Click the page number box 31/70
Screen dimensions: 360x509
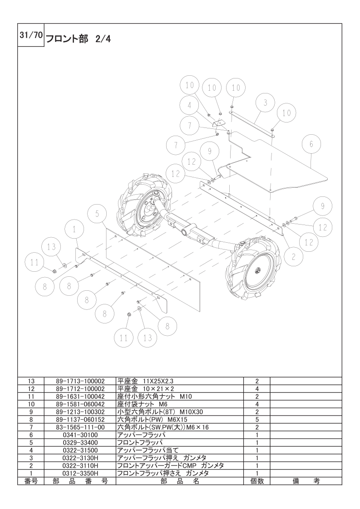pyautogui.click(x=31, y=35)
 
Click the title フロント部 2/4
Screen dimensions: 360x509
pyautogui.click(x=78, y=39)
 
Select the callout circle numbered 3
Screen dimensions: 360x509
pyautogui.click(x=266, y=103)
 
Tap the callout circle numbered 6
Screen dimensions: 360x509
pyautogui.click(x=311, y=144)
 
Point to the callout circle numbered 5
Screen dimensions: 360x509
pyautogui.click(x=97, y=214)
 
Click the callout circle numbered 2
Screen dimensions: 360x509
pyautogui.click(x=294, y=257)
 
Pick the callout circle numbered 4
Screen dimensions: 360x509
pyautogui.click(x=189, y=105)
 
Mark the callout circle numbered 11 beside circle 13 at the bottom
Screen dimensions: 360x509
pyautogui.click(x=124, y=338)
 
